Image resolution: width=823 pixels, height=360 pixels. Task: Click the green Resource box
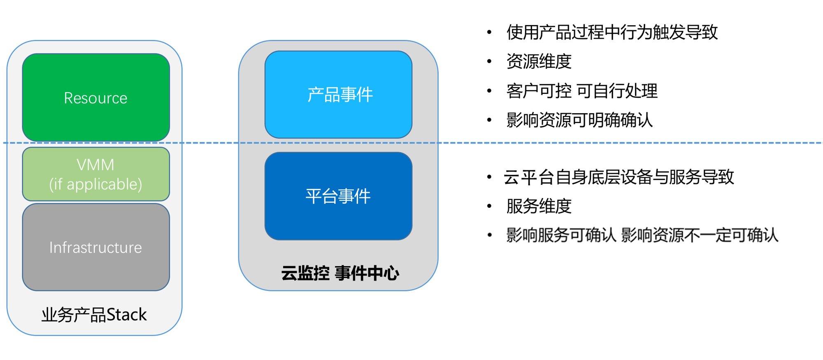(96, 98)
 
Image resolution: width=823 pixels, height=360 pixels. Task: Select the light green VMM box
(96, 174)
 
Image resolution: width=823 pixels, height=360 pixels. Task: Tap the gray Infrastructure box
(96, 247)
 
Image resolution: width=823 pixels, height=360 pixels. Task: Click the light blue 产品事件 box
(338, 95)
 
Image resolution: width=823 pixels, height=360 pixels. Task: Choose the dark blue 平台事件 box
(338, 196)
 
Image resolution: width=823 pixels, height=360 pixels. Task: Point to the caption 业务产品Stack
(94, 315)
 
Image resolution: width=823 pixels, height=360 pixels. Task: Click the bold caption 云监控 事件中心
(340, 273)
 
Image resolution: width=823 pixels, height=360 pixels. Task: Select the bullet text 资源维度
(539, 62)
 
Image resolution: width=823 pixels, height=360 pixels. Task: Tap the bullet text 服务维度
(539, 206)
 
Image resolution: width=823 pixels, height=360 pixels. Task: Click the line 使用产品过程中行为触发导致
(612, 32)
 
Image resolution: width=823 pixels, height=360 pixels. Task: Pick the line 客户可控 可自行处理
(582, 91)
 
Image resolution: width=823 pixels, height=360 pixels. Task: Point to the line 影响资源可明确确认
(579, 120)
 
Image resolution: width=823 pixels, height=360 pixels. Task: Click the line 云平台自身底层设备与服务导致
(619, 177)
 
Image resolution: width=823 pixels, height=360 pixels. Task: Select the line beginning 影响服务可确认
(642, 235)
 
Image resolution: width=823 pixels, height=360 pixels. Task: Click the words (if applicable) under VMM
(96, 184)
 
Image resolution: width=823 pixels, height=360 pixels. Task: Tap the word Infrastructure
(95, 248)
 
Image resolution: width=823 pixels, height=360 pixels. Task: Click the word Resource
(95, 98)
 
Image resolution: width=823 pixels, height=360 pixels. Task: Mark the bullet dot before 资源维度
(489, 62)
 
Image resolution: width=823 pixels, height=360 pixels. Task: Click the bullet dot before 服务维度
(489, 206)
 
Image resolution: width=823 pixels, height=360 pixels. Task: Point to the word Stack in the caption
(127, 315)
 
